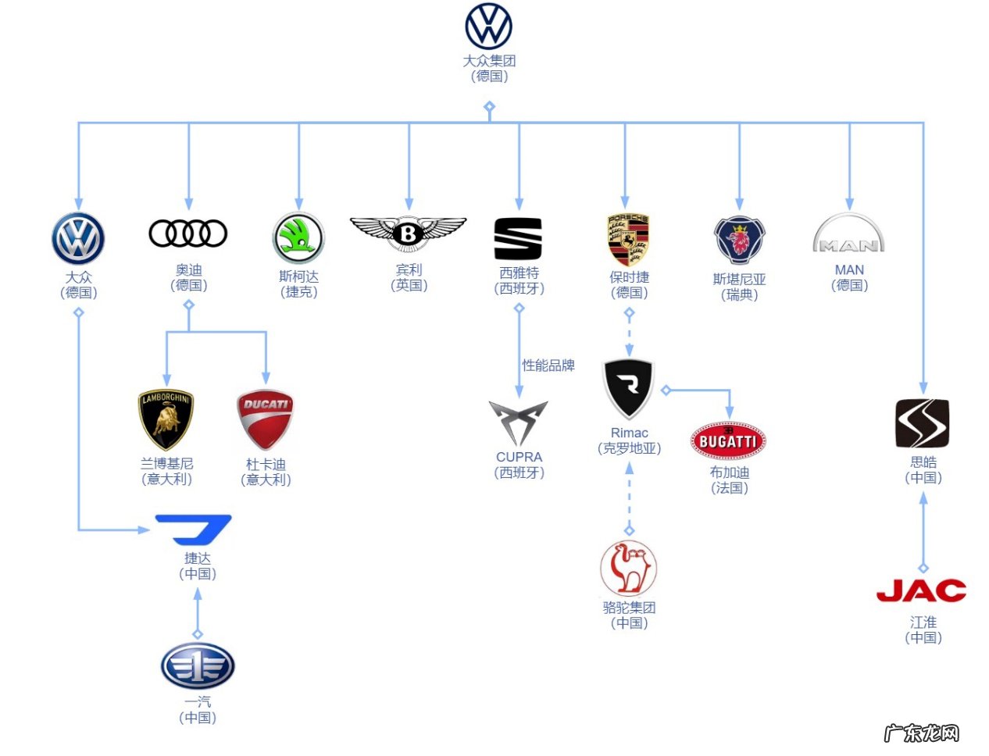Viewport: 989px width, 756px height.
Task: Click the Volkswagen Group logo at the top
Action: [x=488, y=26]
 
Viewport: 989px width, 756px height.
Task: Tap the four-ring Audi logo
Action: [x=188, y=233]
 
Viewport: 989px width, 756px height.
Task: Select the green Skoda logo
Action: [x=298, y=238]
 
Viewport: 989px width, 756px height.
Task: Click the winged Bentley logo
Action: [x=408, y=232]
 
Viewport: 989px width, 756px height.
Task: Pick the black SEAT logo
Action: [x=518, y=238]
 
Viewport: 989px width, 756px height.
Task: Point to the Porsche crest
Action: [x=629, y=240]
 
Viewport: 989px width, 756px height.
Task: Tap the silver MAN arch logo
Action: [x=849, y=234]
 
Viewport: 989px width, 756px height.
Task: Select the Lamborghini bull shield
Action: [x=166, y=419]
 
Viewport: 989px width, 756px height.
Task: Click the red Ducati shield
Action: [x=266, y=419]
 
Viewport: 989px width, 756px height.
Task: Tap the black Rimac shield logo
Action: [x=629, y=388]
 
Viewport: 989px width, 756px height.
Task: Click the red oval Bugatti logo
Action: [x=728, y=441]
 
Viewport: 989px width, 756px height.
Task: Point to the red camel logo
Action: [x=629, y=568]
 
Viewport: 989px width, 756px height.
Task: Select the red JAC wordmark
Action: [x=922, y=591]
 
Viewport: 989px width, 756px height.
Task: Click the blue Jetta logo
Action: [x=194, y=530]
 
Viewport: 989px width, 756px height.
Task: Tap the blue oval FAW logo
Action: [x=198, y=666]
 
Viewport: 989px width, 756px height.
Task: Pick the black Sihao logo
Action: [x=923, y=423]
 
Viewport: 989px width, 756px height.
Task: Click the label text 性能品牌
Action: [x=548, y=365]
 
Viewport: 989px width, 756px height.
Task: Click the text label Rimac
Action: [x=629, y=433]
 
